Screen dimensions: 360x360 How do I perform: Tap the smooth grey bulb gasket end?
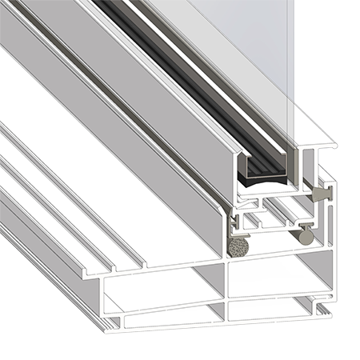[x=306, y=235]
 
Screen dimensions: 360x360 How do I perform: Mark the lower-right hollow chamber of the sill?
[x=276, y=308]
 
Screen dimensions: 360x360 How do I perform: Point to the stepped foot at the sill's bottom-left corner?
[x=112, y=321]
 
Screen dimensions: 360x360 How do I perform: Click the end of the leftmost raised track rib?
[x=93, y=272]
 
